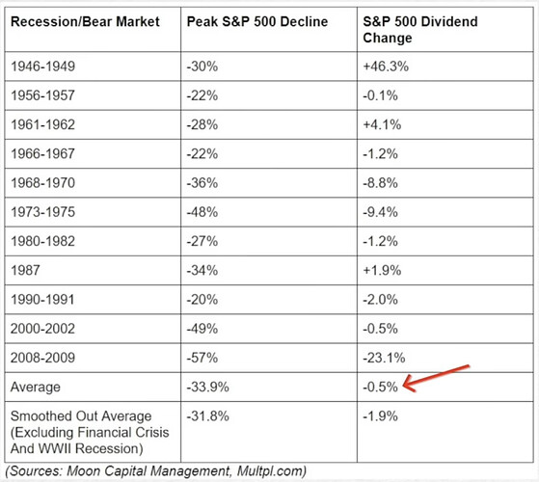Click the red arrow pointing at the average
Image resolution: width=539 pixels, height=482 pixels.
coord(436,378)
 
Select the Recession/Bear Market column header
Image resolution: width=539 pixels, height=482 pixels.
coord(85,21)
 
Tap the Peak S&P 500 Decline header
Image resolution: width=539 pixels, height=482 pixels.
coord(257,21)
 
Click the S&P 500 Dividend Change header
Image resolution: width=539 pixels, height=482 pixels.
coord(420,30)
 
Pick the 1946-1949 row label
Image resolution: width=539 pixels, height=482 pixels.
coord(42,67)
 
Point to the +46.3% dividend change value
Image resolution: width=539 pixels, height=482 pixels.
coord(386,67)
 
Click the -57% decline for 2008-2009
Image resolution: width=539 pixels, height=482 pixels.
coord(202,358)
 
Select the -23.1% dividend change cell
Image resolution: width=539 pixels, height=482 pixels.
coord(384,358)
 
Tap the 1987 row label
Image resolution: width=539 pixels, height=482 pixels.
coord(25,270)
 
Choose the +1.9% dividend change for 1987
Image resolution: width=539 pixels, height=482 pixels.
coord(382,270)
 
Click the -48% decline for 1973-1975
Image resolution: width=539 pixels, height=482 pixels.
coord(202,212)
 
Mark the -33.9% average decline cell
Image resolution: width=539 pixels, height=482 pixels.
coord(207,387)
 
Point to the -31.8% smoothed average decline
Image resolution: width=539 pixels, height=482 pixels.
coord(207,416)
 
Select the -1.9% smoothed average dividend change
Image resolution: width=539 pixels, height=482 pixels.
coord(380,416)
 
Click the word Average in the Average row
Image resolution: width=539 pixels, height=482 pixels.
coord(36,388)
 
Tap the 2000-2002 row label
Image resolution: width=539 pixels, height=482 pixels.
coord(42,329)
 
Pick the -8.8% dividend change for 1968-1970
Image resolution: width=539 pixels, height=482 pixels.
coord(380,183)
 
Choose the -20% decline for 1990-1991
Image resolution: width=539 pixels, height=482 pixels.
coord(202,300)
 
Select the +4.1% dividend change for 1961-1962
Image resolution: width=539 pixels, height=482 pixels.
coord(382,124)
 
